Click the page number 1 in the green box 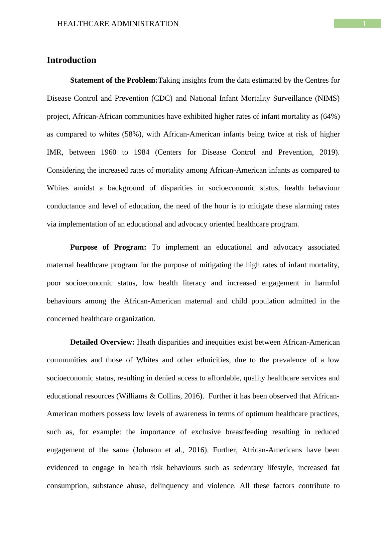(x=364, y=24)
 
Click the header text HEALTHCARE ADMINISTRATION (x=118, y=24)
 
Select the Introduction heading (x=72, y=60)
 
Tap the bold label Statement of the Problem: (x=114, y=80)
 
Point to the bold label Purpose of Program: (x=108, y=247)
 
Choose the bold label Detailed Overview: (x=102, y=342)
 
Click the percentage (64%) (x=330, y=116)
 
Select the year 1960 (x=108, y=152)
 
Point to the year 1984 (x=142, y=152)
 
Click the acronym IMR (x=54, y=152)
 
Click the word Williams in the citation (x=132, y=396)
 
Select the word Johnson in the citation (x=148, y=450)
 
